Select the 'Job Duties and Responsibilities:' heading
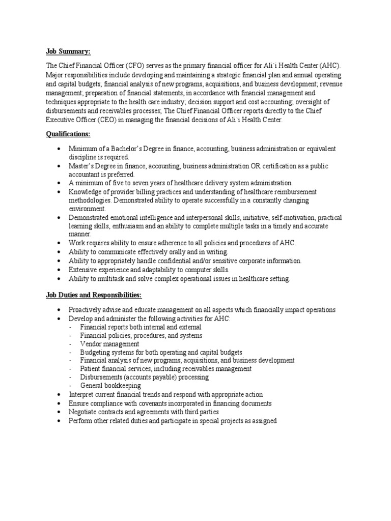[x=94, y=295]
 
